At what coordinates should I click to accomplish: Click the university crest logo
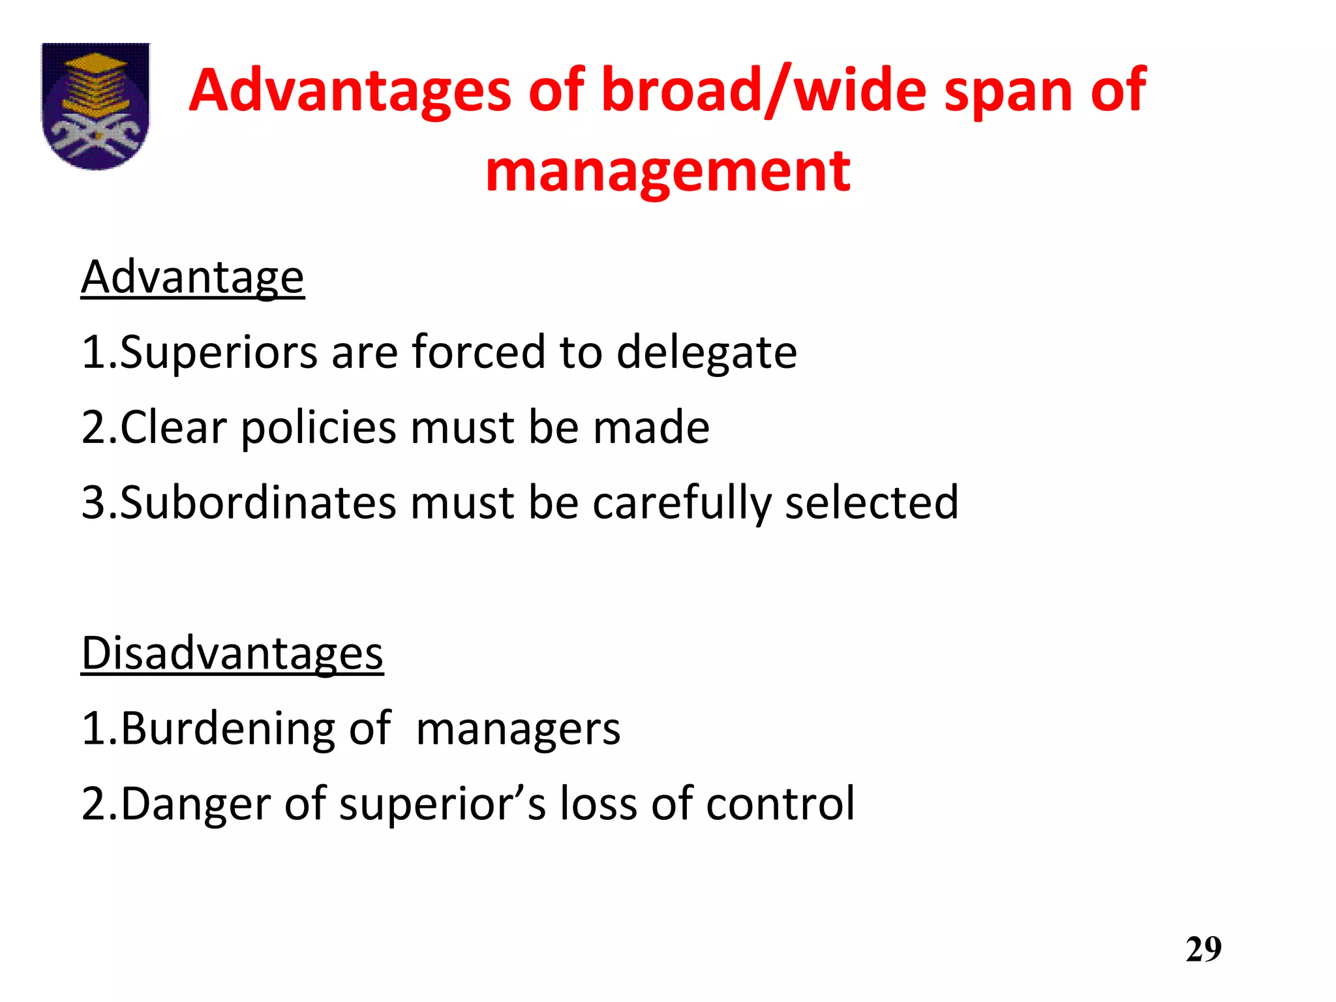(x=95, y=106)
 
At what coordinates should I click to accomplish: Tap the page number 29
(x=1204, y=949)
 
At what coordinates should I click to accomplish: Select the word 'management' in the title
(x=668, y=171)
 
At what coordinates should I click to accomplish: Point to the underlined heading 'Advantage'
(x=192, y=277)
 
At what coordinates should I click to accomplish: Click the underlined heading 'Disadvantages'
(x=232, y=653)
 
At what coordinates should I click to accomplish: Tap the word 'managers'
(x=518, y=729)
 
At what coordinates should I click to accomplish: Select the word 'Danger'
(x=195, y=804)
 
